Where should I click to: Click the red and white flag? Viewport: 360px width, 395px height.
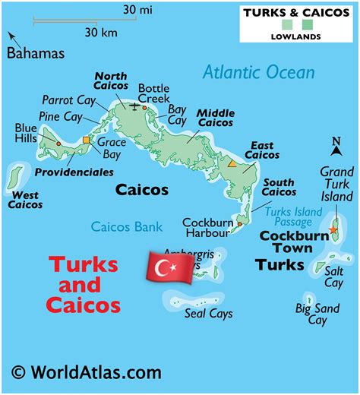coord(166,267)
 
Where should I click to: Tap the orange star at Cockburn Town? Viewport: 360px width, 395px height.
coord(333,229)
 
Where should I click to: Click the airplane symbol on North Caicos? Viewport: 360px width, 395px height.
coord(136,107)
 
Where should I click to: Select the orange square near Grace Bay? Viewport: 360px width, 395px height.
coord(87,140)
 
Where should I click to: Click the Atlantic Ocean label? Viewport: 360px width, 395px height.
coord(258,73)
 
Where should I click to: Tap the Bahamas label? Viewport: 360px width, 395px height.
coord(36,53)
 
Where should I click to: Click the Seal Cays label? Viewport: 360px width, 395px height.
coord(209,313)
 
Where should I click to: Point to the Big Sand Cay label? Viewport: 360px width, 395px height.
coord(317,314)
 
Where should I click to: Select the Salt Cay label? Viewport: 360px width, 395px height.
coord(334,276)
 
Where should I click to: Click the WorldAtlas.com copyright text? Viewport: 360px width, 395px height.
coord(87,372)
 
